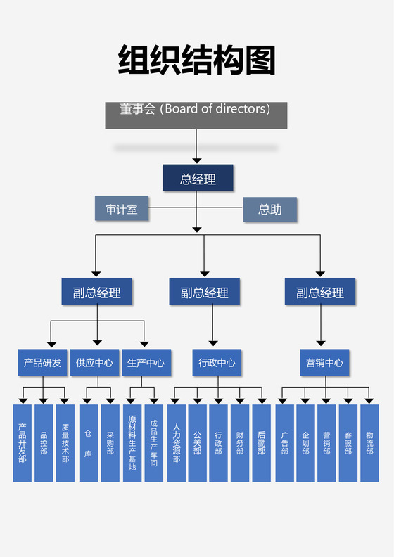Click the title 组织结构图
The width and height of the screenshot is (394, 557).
point(196,60)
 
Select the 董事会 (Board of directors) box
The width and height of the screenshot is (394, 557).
point(196,115)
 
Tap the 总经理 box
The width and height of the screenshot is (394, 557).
point(198,179)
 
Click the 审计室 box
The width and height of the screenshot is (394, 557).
point(122,209)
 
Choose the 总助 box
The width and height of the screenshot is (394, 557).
point(270,209)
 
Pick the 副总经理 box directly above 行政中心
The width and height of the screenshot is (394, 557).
point(204,292)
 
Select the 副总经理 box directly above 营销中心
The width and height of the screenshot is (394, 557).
point(320,292)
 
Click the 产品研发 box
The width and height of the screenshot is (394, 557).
point(42,363)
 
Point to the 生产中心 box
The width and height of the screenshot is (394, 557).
point(146,363)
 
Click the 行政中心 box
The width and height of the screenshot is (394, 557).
point(217,363)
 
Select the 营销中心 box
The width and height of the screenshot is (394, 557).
point(324,363)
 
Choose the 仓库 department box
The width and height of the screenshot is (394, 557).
point(89,443)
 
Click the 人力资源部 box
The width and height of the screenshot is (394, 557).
point(176,443)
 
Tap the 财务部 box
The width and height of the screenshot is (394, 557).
point(240,443)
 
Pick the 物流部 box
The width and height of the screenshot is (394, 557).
point(369,443)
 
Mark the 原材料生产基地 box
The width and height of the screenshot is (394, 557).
point(132,443)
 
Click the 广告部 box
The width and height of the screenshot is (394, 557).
point(284,443)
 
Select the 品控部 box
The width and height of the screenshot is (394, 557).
point(44,443)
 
